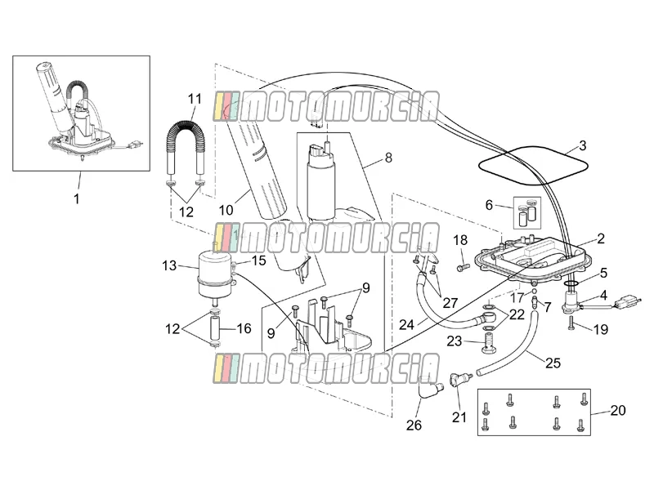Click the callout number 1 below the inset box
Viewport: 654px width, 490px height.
coord(76,198)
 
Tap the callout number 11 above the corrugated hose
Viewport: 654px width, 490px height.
coord(195,99)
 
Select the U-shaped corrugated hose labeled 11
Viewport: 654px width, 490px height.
coord(186,145)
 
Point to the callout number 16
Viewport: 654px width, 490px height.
coord(244,328)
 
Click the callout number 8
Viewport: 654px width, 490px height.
coord(389,158)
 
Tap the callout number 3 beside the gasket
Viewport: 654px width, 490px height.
coord(583,145)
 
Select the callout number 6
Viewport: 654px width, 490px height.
coord(489,205)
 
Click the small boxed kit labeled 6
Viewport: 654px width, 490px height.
coord(526,212)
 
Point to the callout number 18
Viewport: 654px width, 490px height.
coord(460,240)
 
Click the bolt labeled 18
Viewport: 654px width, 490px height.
coord(462,267)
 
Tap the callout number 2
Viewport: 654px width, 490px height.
coord(601,238)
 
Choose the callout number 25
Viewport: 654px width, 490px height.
coord(553,363)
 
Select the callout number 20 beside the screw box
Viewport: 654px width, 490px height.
coord(618,411)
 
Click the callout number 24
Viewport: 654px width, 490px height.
coord(406,324)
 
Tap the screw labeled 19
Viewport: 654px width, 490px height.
coord(571,322)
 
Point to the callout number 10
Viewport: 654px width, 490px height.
coord(226,210)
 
